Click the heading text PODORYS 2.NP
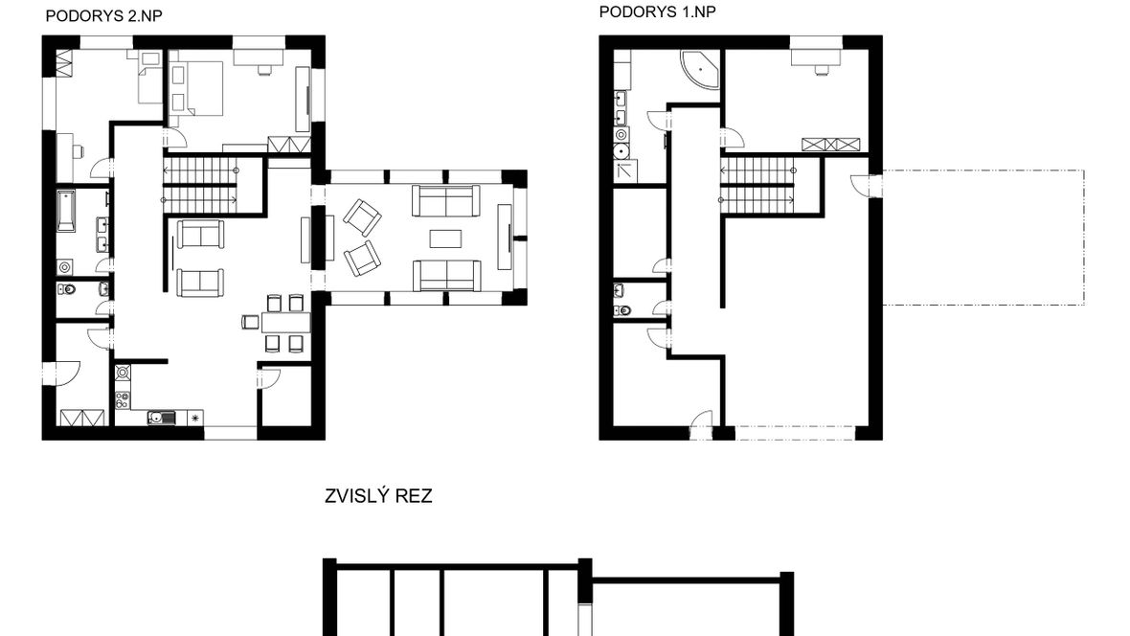(103, 16)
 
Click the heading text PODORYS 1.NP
(657, 11)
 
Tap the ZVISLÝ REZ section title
(378, 496)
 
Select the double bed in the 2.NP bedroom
(196, 88)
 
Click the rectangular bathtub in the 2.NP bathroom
(65, 211)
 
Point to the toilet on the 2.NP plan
(67, 290)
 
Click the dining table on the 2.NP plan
(285, 322)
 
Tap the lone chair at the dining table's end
(250, 322)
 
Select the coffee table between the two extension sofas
(445, 238)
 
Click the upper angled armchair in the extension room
(362, 217)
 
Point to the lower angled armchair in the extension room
(363, 259)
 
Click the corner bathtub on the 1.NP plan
(700, 70)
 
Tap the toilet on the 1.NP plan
(622, 310)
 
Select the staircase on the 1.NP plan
(757, 185)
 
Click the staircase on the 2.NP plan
(200, 185)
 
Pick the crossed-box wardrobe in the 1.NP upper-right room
(831, 145)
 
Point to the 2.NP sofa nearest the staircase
(200, 235)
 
